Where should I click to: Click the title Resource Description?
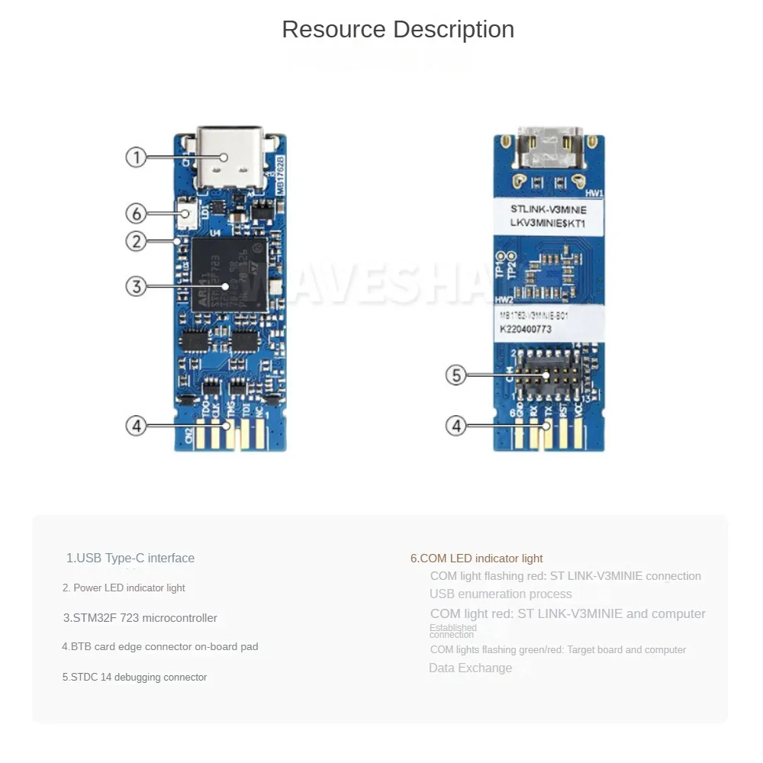coord(398,30)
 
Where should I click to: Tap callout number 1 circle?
coord(136,158)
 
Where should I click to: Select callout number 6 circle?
coord(136,213)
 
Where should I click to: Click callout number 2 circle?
coord(136,241)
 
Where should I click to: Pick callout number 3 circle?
coord(136,286)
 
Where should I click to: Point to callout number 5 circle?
coord(456,375)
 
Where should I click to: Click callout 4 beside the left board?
coord(136,425)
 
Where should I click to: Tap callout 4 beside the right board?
coord(456,425)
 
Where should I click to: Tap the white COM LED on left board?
coord(185,213)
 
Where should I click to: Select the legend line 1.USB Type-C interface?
coord(130,558)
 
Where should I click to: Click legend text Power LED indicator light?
coord(124,588)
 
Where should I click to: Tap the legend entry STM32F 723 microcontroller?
coord(140,618)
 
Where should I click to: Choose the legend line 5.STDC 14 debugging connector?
coord(134,677)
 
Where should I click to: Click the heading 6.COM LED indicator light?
coord(477,559)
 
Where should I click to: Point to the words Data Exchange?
coord(470,668)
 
